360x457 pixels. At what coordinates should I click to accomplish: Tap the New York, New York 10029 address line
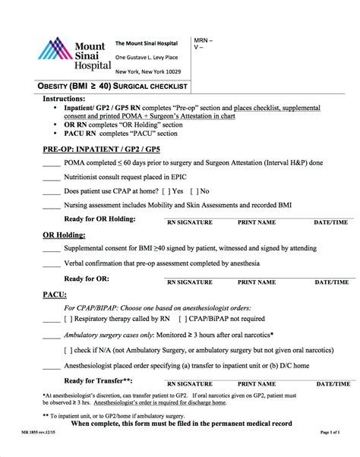[x=148, y=71]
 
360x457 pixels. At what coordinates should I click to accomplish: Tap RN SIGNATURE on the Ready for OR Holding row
[x=190, y=223]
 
